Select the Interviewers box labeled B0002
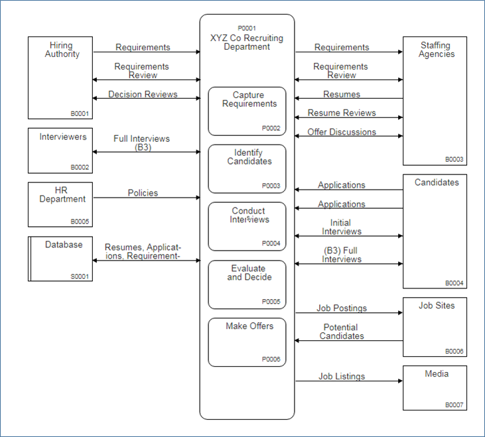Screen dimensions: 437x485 [x=60, y=151]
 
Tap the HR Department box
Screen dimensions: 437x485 [x=60, y=205]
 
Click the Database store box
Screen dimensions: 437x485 [x=60, y=259]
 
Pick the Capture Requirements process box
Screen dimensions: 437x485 [x=247, y=111]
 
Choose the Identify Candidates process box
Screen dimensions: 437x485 [x=247, y=168]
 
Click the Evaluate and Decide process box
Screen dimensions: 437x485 [x=247, y=284]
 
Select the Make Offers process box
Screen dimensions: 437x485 [x=247, y=342]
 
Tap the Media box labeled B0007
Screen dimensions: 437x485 [x=435, y=388]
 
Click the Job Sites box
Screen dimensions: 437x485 [x=435, y=326]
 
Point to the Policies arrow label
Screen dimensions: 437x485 [x=143, y=193]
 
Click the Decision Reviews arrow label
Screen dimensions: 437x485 [x=143, y=94]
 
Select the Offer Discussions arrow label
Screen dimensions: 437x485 [x=342, y=132]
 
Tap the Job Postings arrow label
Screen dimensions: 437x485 [x=342, y=308]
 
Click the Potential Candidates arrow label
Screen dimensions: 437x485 [x=342, y=332]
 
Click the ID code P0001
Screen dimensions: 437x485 [x=246, y=29]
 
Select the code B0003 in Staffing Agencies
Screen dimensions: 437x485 [x=454, y=159]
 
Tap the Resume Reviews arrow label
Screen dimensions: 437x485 [x=342, y=113]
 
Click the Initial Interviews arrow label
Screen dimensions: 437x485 [x=342, y=227]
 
